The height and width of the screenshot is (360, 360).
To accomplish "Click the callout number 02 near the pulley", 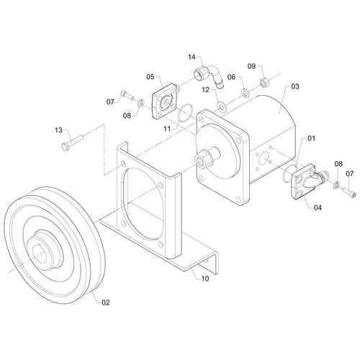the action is click(106, 302).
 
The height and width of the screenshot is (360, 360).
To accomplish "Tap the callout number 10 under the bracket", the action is click(205, 279).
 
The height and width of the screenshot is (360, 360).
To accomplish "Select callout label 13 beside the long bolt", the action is click(58, 130).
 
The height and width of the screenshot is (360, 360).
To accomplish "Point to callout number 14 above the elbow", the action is click(192, 57).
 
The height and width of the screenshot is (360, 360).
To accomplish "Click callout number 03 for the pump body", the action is click(295, 86).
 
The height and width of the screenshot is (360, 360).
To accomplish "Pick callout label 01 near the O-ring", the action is click(311, 138).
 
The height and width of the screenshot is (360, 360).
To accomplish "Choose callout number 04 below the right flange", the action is click(318, 207).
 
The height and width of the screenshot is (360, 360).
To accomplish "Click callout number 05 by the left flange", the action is click(150, 77).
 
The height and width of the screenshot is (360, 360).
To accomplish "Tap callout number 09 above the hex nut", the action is click(252, 66).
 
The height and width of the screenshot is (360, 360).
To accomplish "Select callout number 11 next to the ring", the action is click(167, 129).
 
